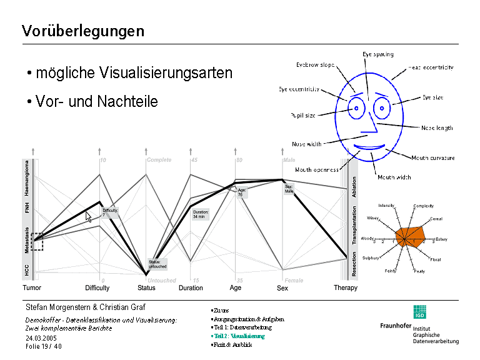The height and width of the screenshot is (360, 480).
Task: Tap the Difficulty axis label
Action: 97,288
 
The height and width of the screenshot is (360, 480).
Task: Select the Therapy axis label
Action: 346,288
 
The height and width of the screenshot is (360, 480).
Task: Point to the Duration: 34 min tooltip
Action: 201,214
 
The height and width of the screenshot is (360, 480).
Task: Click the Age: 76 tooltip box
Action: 242,192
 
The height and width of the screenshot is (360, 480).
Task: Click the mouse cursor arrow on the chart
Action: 88,216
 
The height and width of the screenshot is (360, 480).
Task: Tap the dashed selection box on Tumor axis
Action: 37,241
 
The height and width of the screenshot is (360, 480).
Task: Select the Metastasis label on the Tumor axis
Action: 27,241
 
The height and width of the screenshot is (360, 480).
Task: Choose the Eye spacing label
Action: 378,55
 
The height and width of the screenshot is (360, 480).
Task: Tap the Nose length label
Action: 437,128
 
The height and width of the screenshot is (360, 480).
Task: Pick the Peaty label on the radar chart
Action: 419,271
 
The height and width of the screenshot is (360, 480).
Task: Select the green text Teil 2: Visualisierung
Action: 238,336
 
